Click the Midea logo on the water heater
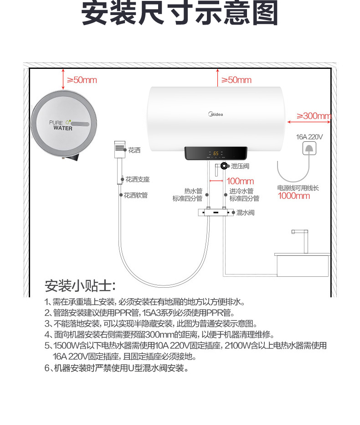[216, 114]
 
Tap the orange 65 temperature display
[216, 153]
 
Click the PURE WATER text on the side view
[61, 125]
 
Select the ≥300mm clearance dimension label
[314, 116]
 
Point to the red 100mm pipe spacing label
[240, 181]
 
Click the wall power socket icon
[309, 148]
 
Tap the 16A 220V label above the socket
[309, 137]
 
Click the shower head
[120, 149]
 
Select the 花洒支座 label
[138, 179]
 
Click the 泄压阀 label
[240, 166]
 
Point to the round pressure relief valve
[224, 166]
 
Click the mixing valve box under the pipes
[216, 212]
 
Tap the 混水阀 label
[246, 212]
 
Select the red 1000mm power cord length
[294, 196]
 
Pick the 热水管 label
[193, 191]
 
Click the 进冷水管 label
[242, 191]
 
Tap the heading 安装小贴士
[80, 285]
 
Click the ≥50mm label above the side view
[82, 80]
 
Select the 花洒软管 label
[136, 195]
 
